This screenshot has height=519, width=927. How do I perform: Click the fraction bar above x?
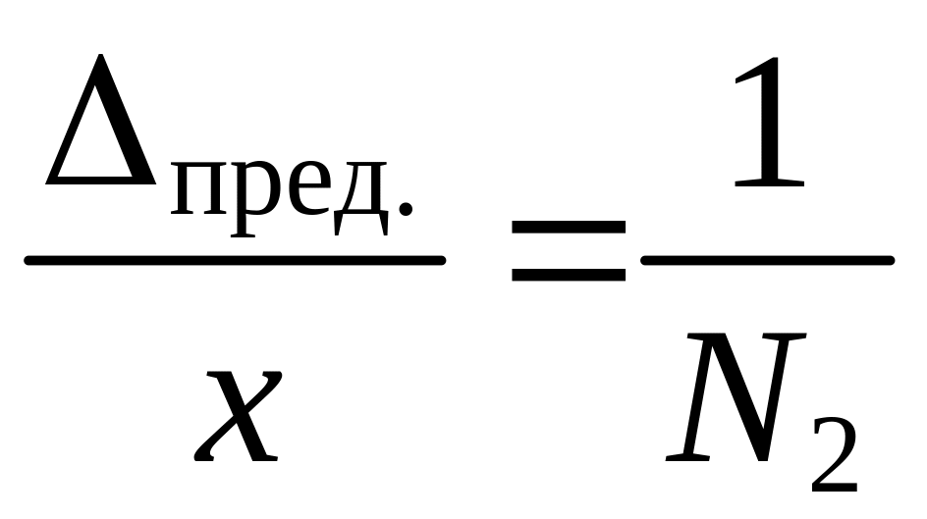tap(235, 261)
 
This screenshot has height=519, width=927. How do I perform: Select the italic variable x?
tap(239, 417)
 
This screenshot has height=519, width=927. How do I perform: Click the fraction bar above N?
tap(766, 261)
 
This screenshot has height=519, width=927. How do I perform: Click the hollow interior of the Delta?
tap(101, 147)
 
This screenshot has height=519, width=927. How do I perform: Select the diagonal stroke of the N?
tap(738, 397)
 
